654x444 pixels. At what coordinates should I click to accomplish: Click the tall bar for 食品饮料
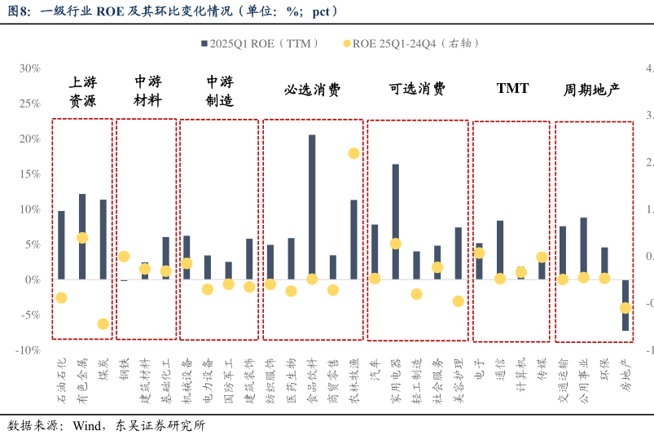(x=312, y=207)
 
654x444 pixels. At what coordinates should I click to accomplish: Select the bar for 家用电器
(x=396, y=222)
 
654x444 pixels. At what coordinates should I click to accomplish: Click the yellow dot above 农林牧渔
(x=354, y=153)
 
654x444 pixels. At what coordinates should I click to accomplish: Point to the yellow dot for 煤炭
(x=103, y=323)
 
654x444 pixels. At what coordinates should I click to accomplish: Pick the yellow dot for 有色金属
(x=82, y=238)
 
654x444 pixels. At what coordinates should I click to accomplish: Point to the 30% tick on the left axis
(x=29, y=68)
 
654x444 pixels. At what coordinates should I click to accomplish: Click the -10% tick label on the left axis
(x=28, y=349)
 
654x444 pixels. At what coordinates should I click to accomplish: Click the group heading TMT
(x=512, y=88)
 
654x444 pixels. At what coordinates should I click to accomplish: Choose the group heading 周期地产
(x=592, y=90)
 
